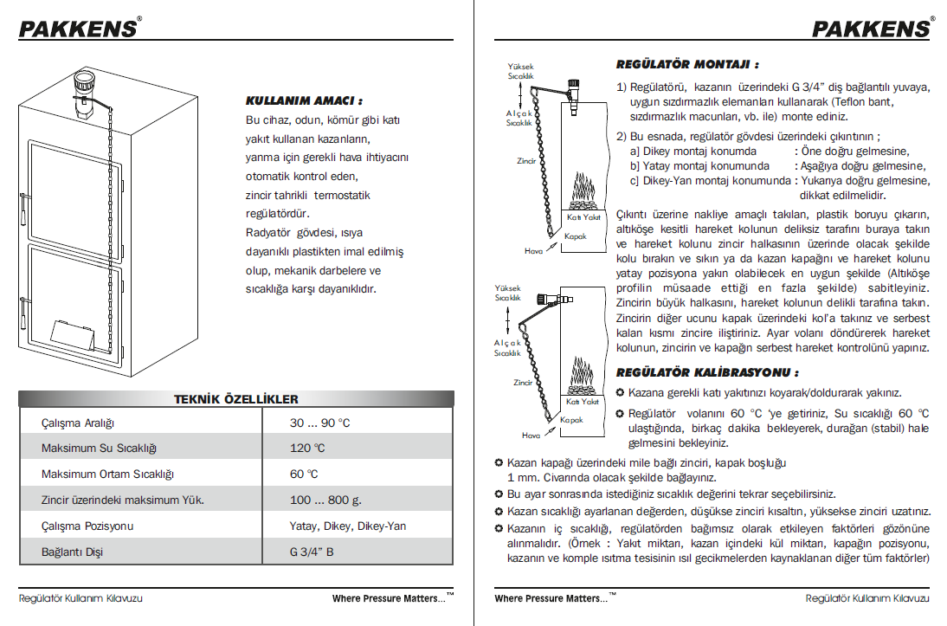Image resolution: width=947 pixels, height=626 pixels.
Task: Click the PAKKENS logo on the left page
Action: coord(78,28)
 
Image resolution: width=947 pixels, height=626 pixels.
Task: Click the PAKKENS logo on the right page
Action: coord(871,28)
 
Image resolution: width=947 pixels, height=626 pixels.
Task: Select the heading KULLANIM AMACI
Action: coord(304,100)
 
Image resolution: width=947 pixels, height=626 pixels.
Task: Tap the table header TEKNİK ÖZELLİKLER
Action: coord(236,399)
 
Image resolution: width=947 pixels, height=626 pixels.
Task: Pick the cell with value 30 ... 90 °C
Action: coord(319,423)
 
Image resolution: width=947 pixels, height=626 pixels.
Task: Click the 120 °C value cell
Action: coord(307,449)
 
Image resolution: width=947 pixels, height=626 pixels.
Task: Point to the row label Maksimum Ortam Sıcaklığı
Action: coord(108,474)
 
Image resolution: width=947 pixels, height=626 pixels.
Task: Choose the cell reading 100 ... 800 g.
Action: coord(325,500)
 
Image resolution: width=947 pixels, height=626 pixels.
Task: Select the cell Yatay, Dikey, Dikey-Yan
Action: coord(347,526)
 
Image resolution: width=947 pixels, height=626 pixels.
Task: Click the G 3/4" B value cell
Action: coord(312,552)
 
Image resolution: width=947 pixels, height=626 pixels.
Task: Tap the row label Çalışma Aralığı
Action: coord(78,423)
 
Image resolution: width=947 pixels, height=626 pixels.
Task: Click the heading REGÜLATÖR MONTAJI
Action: coord(687,64)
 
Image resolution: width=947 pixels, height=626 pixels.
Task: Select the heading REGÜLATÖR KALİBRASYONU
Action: coord(706,372)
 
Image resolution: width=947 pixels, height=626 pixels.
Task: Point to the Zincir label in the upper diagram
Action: coord(525,161)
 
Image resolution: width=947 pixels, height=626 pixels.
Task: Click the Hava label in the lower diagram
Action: coord(531,435)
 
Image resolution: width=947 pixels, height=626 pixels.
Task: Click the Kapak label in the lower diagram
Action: coord(571,420)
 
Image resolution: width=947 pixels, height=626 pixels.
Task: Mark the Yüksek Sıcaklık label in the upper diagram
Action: coord(520,71)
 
